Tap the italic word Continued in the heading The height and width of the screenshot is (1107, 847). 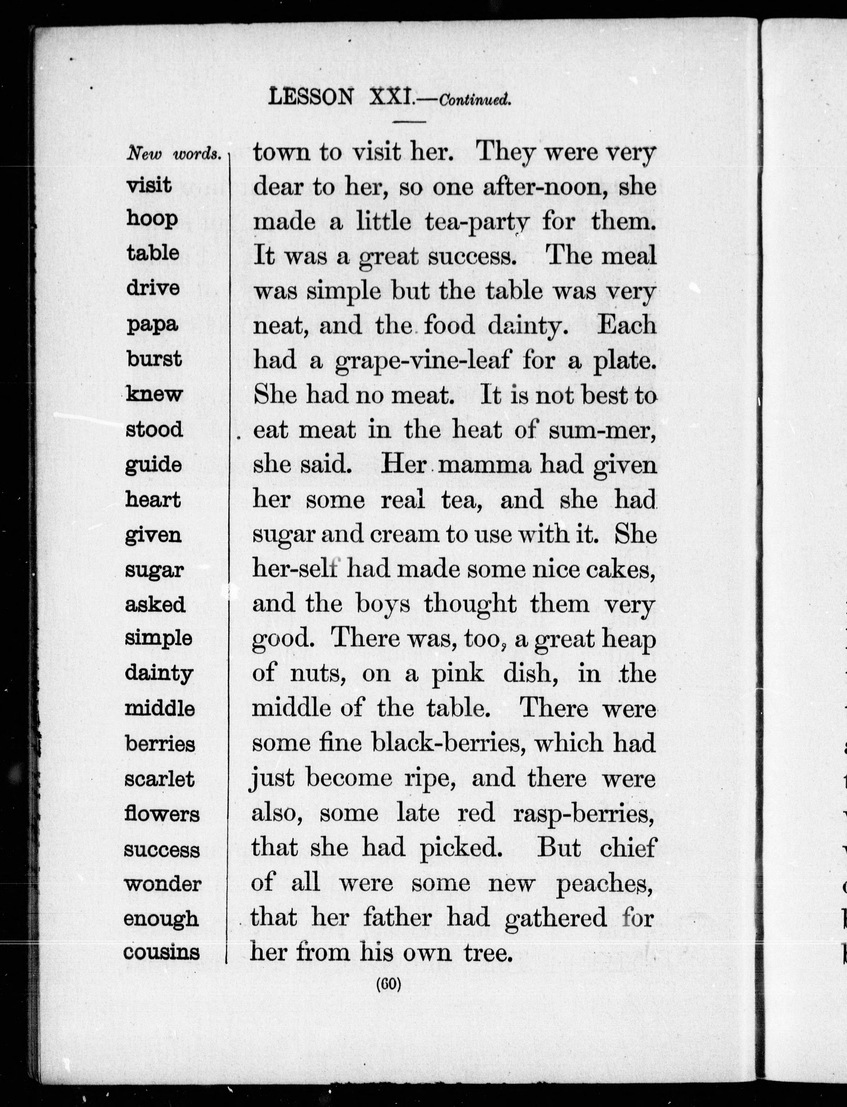(475, 100)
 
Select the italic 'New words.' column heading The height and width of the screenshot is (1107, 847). (174, 154)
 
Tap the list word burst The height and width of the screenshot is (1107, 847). (154, 359)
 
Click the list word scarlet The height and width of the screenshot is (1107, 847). (159, 779)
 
